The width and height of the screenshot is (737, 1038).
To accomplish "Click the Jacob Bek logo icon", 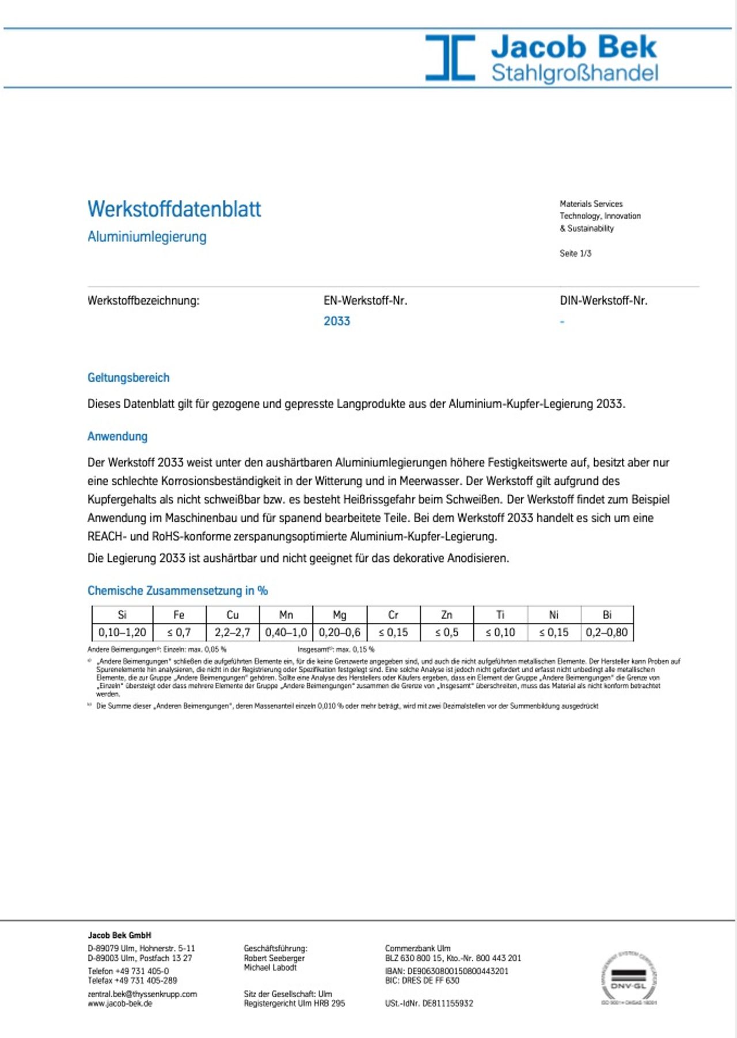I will pyautogui.click(x=450, y=57).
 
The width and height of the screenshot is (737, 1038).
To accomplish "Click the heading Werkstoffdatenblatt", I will pyautogui.click(x=174, y=209).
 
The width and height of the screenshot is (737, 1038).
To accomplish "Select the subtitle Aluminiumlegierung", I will pyautogui.click(x=147, y=237).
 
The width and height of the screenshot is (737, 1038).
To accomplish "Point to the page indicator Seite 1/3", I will pyautogui.click(x=575, y=253).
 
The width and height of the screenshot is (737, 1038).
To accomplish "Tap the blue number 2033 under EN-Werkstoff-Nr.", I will pyautogui.click(x=336, y=321).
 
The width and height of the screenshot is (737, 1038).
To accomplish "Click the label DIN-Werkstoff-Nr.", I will pyautogui.click(x=603, y=301).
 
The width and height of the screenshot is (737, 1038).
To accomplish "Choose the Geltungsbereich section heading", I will pyautogui.click(x=128, y=378).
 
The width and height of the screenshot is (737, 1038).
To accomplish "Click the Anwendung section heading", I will pyautogui.click(x=117, y=436).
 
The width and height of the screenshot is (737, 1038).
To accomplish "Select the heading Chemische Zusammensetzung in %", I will pyautogui.click(x=177, y=591).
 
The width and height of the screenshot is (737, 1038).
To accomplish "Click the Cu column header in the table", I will pyautogui.click(x=233, y=615).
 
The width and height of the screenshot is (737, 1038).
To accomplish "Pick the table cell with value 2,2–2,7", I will pyautogui.click(x=233, y=632).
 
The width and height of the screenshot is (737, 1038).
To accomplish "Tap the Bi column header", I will pyautogui.click(x=607, y=615).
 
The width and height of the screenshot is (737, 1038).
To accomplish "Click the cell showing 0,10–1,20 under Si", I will pyautogui.click(x=122, y=632).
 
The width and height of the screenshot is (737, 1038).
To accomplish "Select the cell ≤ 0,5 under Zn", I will pyautogui.click(x=447, y=632).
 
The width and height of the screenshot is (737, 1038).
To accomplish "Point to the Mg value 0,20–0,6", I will pyautogui.click(x=340, y=632).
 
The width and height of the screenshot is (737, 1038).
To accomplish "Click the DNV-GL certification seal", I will pyautogui.click(x=629, y=978).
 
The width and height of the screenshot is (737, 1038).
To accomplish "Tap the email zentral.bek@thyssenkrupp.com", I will pyautogui.click(x=142, y=994).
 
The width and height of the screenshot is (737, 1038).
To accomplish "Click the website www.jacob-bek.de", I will pyautogui.click(x=120, y=1003).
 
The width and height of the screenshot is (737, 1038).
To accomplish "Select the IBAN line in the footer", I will pyautogui.click(x=447, y=971).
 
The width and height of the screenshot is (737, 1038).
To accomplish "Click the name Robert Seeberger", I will pyautogui.click(x=274, y=958).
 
